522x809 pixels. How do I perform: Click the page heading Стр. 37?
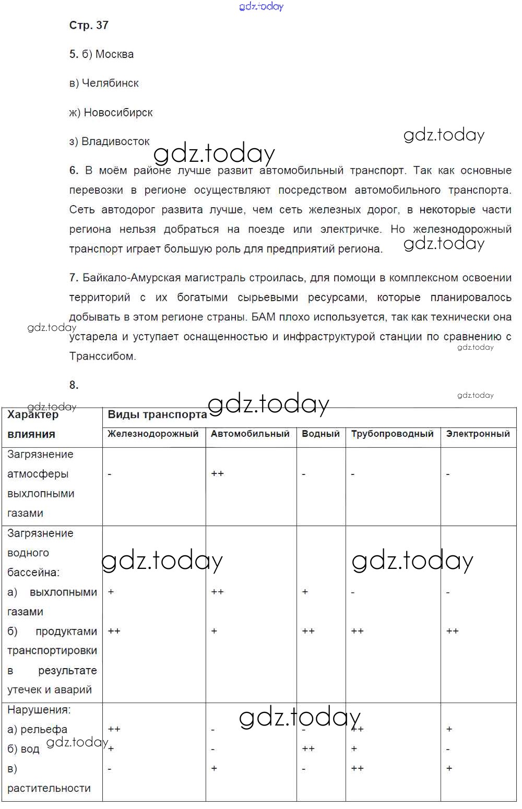pyautogui.click(x=89, y=25)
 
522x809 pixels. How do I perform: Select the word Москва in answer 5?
pyautogui.click(x=114, y=54)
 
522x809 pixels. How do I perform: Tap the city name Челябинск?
pyautogui.click(x=111, y=83)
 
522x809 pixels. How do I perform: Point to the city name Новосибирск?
pyautogui.click(x=118, y=112)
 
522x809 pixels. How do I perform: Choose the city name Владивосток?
pyautogui.click(x=115, y=141)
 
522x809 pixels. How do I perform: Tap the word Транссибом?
pyautogui.click(x=102, y=356)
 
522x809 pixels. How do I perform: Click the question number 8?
pyautogui.click(x=74, y=385)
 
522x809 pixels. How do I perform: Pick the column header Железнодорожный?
pyautogui.click(x=153, y=434)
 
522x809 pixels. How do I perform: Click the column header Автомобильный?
pyautogui.click(x=250, y=434)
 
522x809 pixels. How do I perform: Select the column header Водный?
pyautogui.click(x=321, y=434)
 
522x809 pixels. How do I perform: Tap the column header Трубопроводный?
pyautogui.click(x=392, y=434)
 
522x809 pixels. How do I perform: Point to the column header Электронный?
pyautogui.click(x=478, y=434)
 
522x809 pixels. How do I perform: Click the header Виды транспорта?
pyautogui.click(x=157, y=415)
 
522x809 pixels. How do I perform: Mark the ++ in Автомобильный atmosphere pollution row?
pyautogui.click(x=217, y=474)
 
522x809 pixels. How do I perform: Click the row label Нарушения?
pyautogui.click(x=39, y=710)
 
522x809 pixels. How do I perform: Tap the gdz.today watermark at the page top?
pyautogui.click(x=261, y=6)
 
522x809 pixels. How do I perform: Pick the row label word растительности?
pyautogui.click(x=49, y=788)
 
